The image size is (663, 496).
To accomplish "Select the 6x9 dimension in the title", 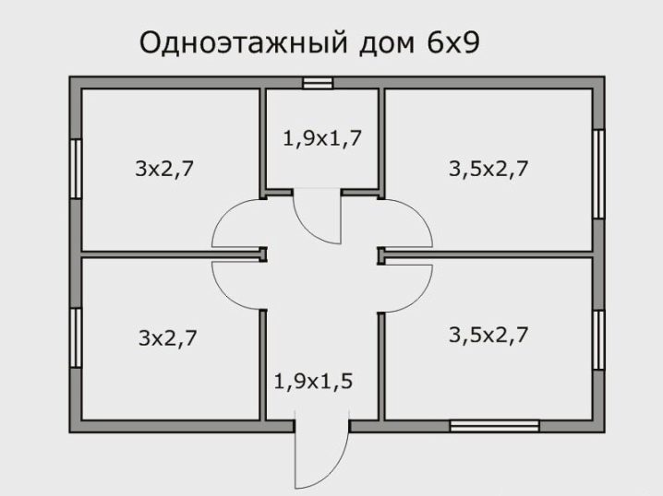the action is point(453,42).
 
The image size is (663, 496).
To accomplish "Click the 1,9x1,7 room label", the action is point(321,139).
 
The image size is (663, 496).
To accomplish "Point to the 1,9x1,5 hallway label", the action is point(313,382).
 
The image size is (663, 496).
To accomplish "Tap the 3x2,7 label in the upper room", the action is point(164,170).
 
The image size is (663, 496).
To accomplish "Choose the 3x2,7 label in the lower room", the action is point(168,338).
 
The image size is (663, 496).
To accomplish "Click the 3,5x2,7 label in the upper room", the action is point(488,169).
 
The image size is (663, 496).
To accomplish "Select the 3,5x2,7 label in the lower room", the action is point(488,336).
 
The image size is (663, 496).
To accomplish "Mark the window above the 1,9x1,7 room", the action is point(318,83).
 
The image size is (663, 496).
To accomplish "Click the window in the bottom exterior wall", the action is point(494,426).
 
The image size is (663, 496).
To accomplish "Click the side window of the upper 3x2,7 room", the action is point(76,169).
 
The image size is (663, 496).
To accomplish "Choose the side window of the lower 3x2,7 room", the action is point(76,337).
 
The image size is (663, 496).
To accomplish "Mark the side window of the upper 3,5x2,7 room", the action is point(598,174).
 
